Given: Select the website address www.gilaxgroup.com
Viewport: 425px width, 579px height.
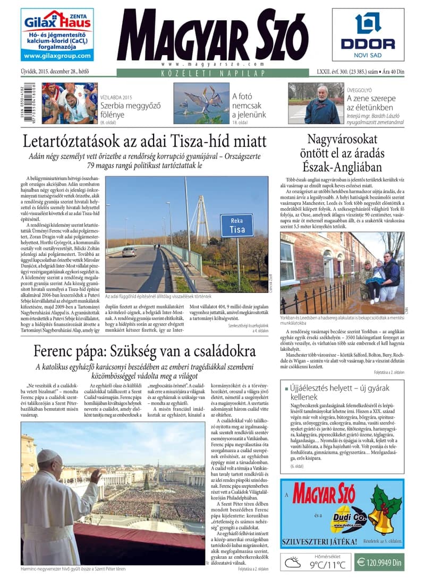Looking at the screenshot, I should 57,56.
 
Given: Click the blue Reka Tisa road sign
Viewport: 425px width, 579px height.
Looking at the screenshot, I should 236,226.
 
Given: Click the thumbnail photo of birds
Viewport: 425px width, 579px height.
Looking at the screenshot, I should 201,103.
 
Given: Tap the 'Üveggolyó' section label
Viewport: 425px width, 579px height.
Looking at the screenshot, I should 360,90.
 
